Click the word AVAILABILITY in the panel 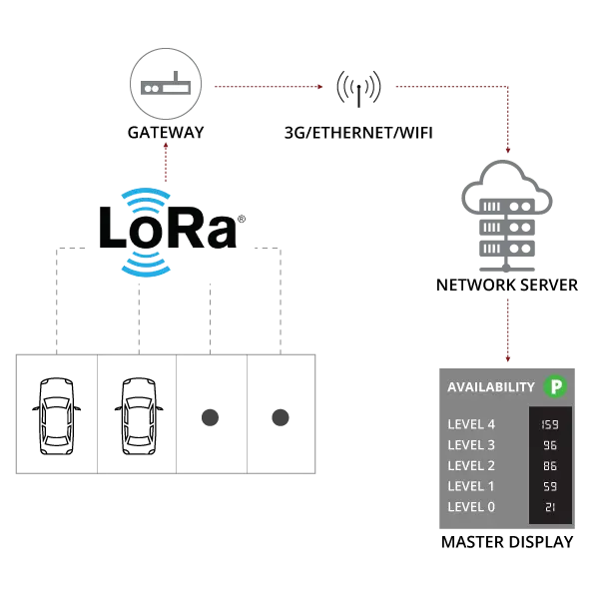(491, 387)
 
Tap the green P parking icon (555, 386)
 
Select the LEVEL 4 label (471, 424)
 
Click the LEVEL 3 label (471, 445)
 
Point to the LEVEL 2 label (471, 465)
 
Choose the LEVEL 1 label (471, 486)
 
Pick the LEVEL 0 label (471, 507)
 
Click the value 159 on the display (550, 424)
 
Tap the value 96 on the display (550, 445)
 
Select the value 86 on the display (550, 465)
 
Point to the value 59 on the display (550, 486)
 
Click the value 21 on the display (550, 507)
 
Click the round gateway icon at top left (166, 86)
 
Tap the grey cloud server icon (507, 215)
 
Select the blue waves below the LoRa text (147, 265)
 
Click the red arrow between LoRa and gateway (166, 160)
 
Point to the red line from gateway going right (265, 86)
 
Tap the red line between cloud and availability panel (507, 329)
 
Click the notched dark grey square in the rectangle (283, 418)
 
